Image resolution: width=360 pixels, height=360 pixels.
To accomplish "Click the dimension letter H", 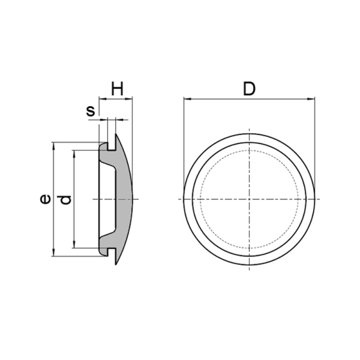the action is pos(118,89).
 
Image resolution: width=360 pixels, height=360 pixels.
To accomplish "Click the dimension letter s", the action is pos(91,111).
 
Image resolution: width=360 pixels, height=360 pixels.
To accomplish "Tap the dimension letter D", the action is pos(249,89).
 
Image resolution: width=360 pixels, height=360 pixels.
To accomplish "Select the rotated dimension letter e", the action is pos(45,199).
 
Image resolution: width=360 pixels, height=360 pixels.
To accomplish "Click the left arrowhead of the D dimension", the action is pos(187,99).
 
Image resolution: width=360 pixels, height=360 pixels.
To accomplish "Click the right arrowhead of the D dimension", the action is pos(311,99).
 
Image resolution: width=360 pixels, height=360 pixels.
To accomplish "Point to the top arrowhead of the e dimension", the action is pos(54,146).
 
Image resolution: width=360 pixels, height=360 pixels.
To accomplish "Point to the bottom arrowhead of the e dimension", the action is pos(54,253).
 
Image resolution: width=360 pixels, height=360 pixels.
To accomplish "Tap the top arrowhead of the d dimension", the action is pos(74,154).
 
